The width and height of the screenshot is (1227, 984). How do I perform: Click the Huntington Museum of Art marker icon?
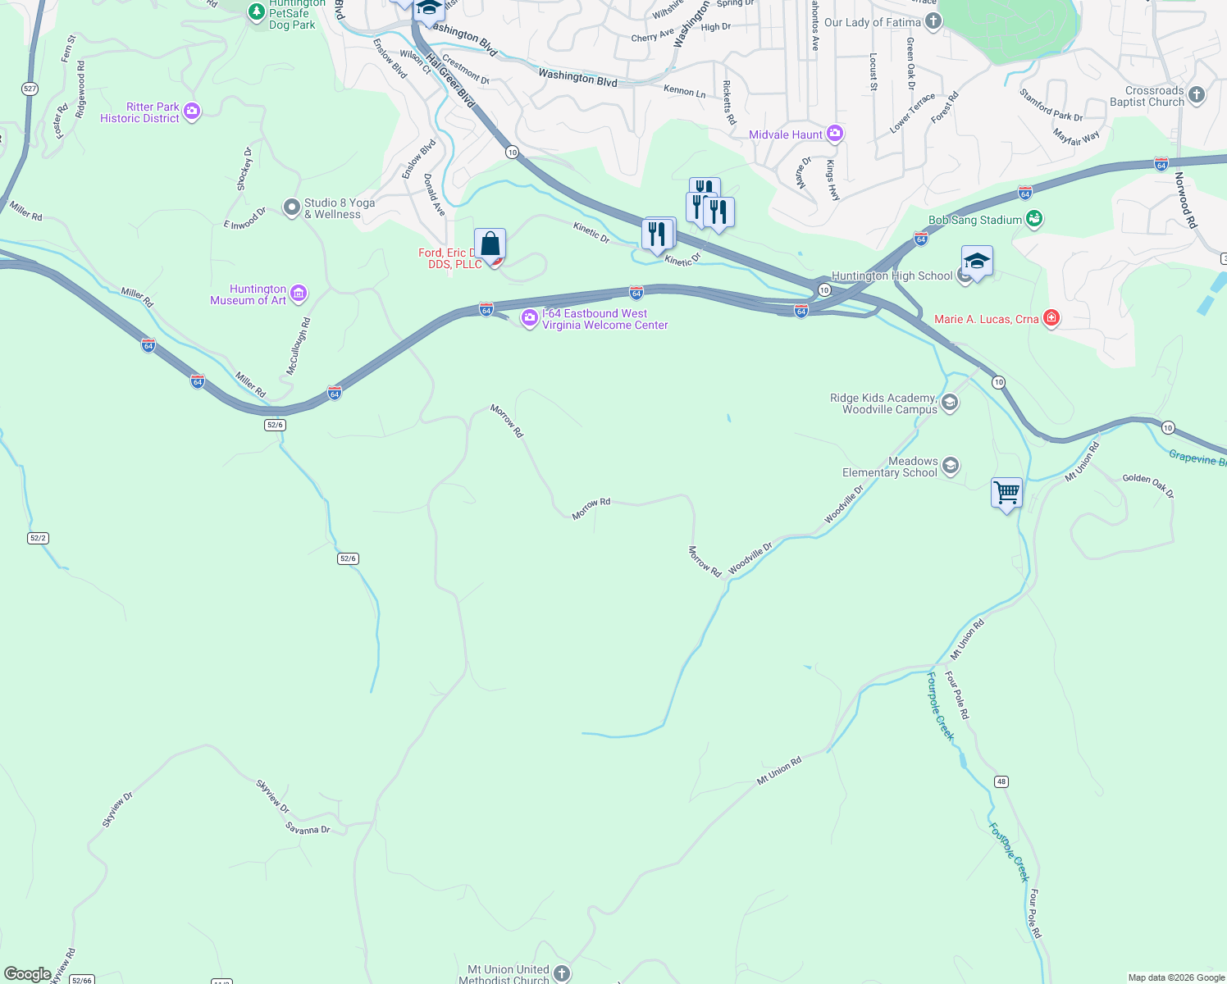tap(299, 294)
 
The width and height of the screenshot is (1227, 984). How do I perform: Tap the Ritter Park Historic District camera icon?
tap(192, 111)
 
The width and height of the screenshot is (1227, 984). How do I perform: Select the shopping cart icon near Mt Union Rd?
tap(1006, 493)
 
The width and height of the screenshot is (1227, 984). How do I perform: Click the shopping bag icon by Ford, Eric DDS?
tap(490, 244)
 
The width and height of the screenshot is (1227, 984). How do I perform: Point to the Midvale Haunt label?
tap(786, 134)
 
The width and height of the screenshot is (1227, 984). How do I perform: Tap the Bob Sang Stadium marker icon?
tap(1034, 219)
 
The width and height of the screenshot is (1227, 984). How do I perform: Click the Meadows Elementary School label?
tap(890, 467)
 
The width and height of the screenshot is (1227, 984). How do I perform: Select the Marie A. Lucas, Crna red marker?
tap(1051, 318)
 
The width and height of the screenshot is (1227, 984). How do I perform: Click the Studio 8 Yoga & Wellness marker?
tap(292, 207)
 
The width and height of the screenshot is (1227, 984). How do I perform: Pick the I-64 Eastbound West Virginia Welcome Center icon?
tap(530, 318)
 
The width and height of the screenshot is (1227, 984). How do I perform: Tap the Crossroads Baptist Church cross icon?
tap(1197, 95)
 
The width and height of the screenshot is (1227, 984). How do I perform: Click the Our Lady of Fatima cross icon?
tap(933, 21)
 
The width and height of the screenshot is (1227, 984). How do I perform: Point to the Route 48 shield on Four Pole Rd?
tap(1001, 781)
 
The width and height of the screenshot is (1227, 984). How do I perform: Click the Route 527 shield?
tap(30, 89)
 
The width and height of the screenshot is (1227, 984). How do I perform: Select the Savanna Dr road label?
tap(308, 830)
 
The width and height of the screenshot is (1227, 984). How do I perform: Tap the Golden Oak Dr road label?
tap(1147, 485)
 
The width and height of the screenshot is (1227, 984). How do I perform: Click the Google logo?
tap(27, 974)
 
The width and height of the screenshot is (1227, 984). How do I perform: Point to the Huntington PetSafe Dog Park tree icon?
tap(257, 11)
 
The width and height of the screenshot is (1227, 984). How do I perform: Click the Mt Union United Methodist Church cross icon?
tap(561, 973)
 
